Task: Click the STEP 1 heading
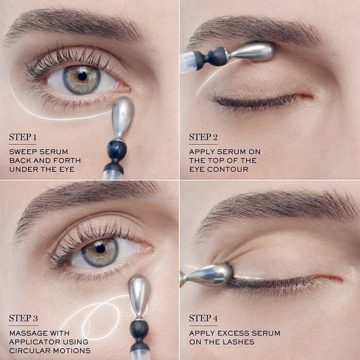[23, 137]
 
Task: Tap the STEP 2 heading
[203, 137]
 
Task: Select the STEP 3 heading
[23, 318]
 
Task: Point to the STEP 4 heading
[204, 318]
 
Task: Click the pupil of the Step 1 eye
[82, 76]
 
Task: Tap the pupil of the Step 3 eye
[100, 248]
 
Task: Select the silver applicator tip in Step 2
[252, 51]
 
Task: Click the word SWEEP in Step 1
[22, 152]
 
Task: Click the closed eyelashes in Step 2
[253, 101]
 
